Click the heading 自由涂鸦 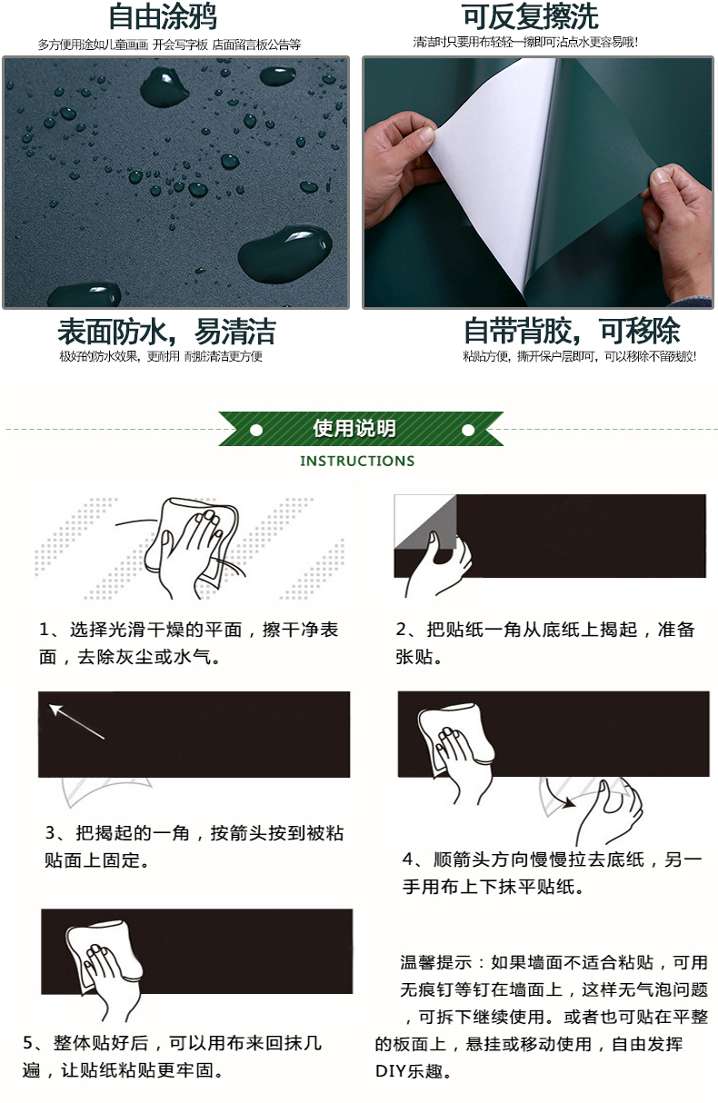162,16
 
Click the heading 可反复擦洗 530,16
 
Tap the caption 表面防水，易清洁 166,332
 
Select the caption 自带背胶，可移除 573,331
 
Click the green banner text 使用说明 354,429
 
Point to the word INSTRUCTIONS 357,461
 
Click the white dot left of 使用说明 256,431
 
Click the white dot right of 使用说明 468,431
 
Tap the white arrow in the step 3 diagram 76,721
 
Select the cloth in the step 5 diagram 104,953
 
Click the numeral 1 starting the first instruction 45,630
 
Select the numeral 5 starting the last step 28,1042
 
